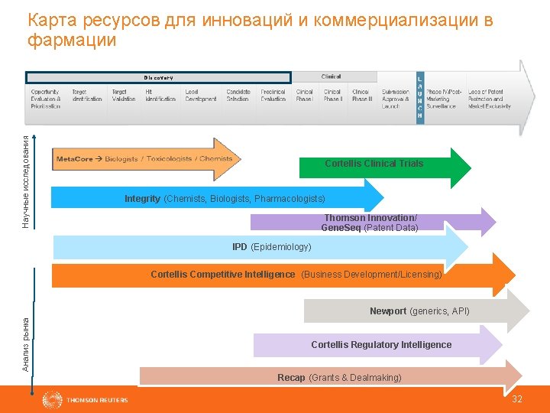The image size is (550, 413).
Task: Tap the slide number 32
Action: click(517, 399)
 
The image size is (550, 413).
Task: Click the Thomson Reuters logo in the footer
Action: click(86, 399)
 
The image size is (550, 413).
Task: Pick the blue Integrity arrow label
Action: click(225, 199)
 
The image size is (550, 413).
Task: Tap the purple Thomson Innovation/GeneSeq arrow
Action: click(370, 223)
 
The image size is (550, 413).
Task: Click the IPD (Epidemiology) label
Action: click(272, 247)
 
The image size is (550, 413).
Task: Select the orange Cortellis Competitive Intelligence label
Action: click(296, 274)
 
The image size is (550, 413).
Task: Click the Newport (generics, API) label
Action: click(419, 311)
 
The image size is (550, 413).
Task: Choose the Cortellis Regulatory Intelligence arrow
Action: click(381, 345)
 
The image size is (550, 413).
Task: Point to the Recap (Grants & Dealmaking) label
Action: click(339, 378)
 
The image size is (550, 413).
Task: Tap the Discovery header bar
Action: click(159, 77)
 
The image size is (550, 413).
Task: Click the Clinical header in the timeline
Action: click(332, 76)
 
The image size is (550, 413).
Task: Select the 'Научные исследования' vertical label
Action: click(26, 182)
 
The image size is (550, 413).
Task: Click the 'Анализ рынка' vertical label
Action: click(26, 344)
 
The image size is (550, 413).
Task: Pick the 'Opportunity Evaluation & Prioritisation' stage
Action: click(47, 99)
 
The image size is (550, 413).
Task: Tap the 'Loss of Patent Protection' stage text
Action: click(490, 99)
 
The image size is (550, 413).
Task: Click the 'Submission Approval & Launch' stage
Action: click(396, 99)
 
